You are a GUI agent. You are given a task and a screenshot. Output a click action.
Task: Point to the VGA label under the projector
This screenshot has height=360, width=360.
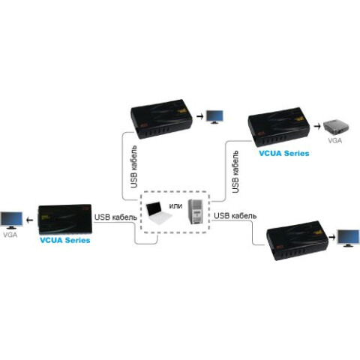click(333, 140)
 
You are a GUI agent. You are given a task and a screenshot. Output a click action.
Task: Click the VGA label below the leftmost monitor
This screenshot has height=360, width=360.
click(10, 235)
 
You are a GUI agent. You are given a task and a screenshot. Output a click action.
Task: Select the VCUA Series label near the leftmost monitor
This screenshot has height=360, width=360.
click(64, 241)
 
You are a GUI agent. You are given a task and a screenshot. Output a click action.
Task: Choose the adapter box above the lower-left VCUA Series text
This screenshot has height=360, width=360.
click(66, 217)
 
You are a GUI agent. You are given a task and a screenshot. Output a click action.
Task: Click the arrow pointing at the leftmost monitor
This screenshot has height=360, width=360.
click(29, 219)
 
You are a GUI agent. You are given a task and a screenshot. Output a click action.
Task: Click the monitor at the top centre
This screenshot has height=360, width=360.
click(214, 116)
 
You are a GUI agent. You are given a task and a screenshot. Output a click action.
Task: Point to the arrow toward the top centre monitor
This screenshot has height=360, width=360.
click(198, 117)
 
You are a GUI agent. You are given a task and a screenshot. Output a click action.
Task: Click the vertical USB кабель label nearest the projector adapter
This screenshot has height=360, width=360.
click(235, 172)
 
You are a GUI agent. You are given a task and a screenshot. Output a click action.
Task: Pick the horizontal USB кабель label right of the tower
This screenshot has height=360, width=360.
click(235, 216)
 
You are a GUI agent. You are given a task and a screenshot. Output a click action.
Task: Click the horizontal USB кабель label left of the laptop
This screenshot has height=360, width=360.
click(115, 217)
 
